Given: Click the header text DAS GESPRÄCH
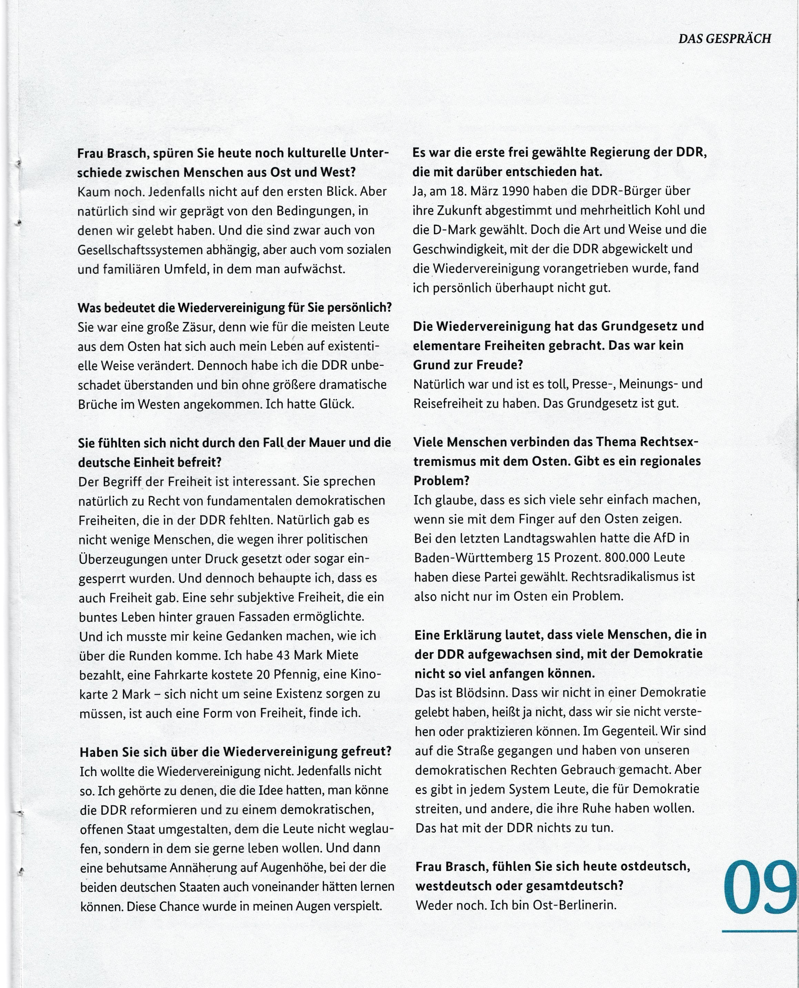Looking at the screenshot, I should click(x=725, y=39).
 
